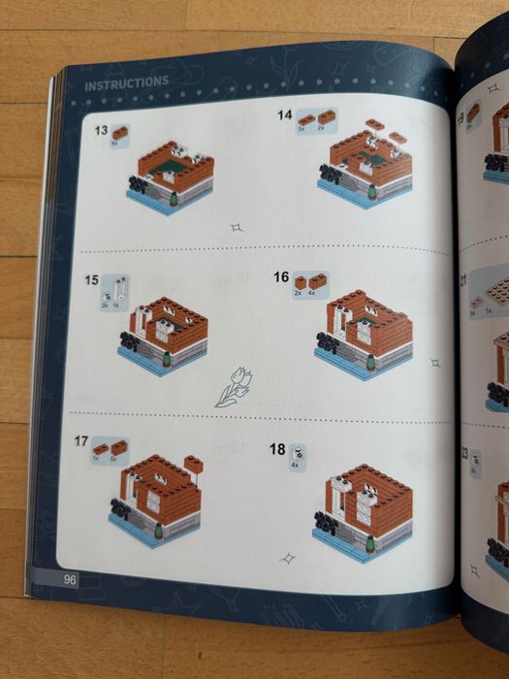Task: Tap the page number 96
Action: [70, 580]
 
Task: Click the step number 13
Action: [101, 130]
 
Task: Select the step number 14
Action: [284, 114]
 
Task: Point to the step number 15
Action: [91, 279]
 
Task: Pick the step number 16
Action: [280, 276]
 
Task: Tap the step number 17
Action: [81, 440]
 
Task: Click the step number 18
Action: [277, 449]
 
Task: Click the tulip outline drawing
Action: [231, 387]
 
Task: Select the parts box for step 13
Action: [120, 136]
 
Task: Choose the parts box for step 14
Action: [317, 121]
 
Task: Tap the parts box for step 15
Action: [114, 292]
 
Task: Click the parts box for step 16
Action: [310, 284]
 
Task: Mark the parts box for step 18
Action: [298, 457]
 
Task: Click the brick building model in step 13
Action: [170, 177]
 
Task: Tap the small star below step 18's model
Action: [287, 559]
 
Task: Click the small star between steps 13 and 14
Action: [235, 228]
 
